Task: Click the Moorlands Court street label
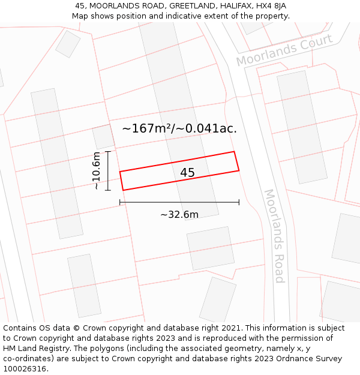click(x=284, y=50)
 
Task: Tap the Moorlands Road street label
click(x=274, y=236)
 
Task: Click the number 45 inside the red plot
click(x=187, y=173)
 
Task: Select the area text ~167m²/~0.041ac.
click(x=179, y=128)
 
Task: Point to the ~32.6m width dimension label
click(x=179, y=215)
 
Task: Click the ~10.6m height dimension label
click(x=96, y=171)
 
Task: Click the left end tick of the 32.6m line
click(x=120, y=202)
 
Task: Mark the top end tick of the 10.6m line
click(x=108, y=152)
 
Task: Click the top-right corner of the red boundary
click(x=233, y=152)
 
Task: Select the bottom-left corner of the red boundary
click(x=123, y=190)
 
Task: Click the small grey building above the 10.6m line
click(x=103, y=137)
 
